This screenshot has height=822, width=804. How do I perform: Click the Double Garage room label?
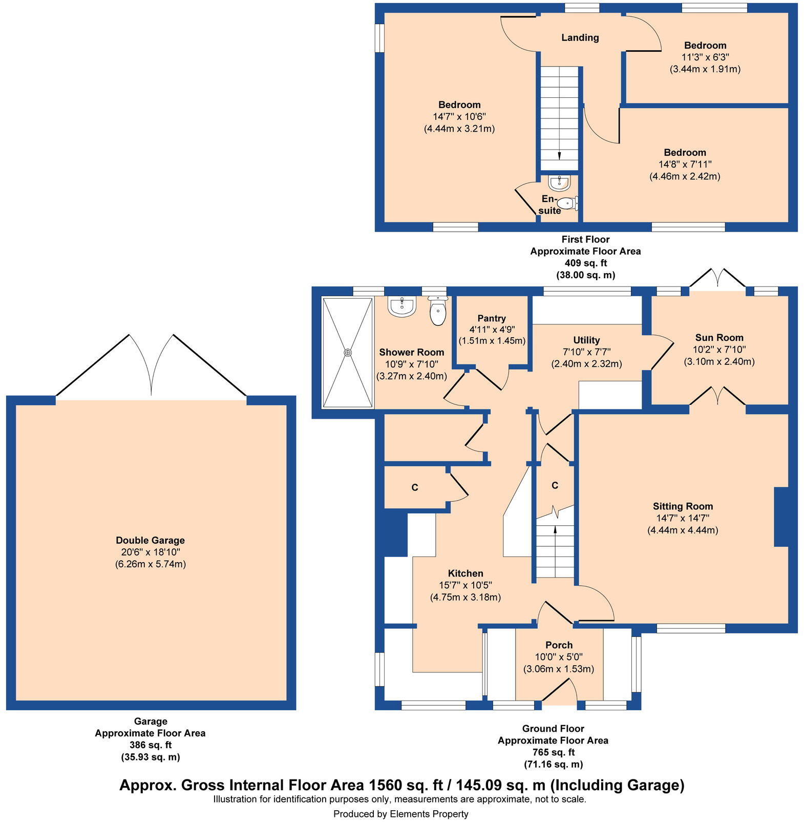[150, 540]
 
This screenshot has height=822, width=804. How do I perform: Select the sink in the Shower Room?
[401, 307]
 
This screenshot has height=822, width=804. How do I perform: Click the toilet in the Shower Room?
[438, 312]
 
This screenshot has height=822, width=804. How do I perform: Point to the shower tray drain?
[348, 353]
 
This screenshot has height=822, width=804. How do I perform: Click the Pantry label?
[492, 318]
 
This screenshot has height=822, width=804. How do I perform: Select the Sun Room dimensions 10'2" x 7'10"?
[719, 350]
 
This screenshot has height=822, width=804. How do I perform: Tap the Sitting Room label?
[683, 506]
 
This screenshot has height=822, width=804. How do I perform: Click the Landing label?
[580, 37]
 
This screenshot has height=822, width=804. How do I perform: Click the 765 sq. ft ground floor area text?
[553, 752]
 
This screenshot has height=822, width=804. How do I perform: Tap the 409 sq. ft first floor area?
[585, 263]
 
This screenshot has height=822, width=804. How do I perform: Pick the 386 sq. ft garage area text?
[150, 745]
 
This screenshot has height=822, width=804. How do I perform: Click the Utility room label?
[586, 340]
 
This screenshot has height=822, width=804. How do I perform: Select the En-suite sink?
[559, 182]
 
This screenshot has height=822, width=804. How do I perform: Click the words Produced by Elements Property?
[400, 814]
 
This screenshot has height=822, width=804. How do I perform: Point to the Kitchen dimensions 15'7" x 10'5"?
[465, 585]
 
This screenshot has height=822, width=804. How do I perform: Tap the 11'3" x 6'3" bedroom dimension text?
[705, 57]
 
